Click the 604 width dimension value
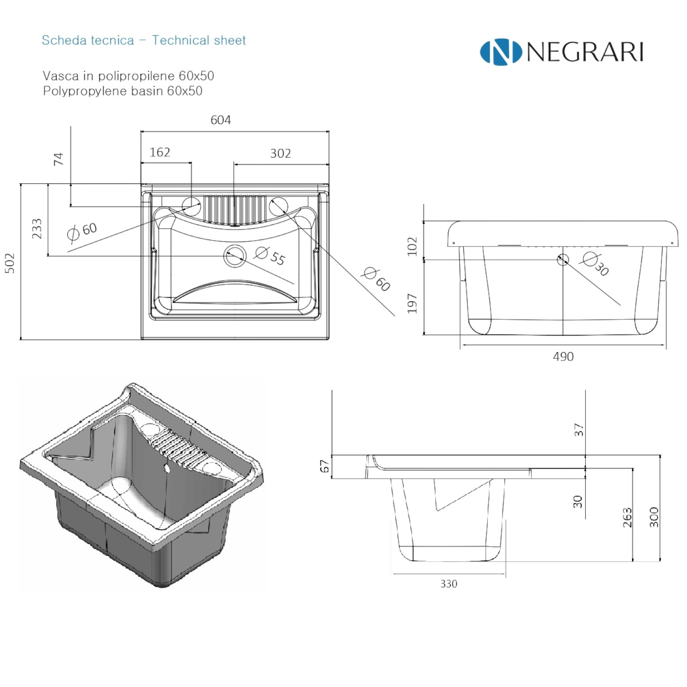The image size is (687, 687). pyautogui.click(x=221, y=120)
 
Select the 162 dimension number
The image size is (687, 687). pyautogui.click(x=160, y=152)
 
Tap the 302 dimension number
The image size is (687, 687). pyautogui.click(x=280, y=153)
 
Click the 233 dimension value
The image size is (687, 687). pyautogui.click(x=37, y=228)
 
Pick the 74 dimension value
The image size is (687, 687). pyautogui.click(x=58, y=159)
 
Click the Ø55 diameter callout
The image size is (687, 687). pyautogui.click(x=270, y=256)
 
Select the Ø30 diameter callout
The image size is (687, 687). pyautogui.click(x=596, y=264)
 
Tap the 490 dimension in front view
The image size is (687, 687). pyautogui.click(x=563, y=356)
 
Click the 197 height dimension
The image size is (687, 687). pyautogui.click(x=412, y=304)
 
